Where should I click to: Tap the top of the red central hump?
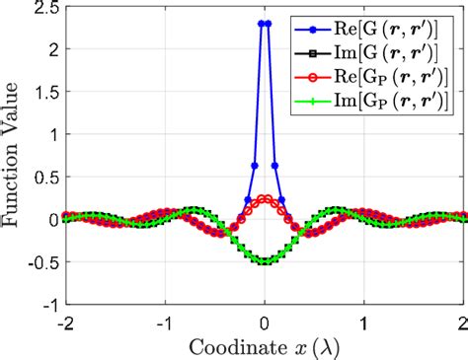(264, 197)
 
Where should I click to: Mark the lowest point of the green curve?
(264, 261)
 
